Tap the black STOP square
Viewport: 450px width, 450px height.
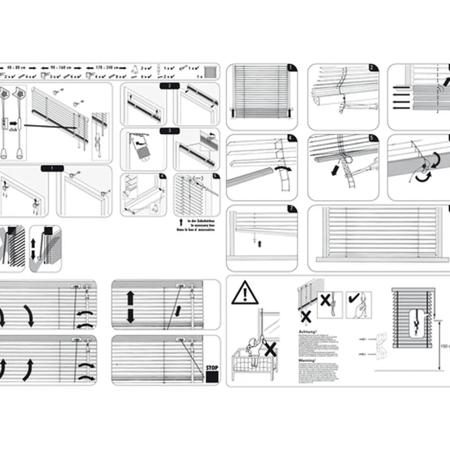212,377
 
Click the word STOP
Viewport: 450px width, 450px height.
212,367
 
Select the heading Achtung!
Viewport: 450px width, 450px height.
308,332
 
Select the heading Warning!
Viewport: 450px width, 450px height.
307,360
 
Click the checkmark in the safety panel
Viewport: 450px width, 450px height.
354,299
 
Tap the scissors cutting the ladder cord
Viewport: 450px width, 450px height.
367,164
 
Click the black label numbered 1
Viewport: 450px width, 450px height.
52,168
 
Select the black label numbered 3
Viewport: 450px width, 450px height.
170,131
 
